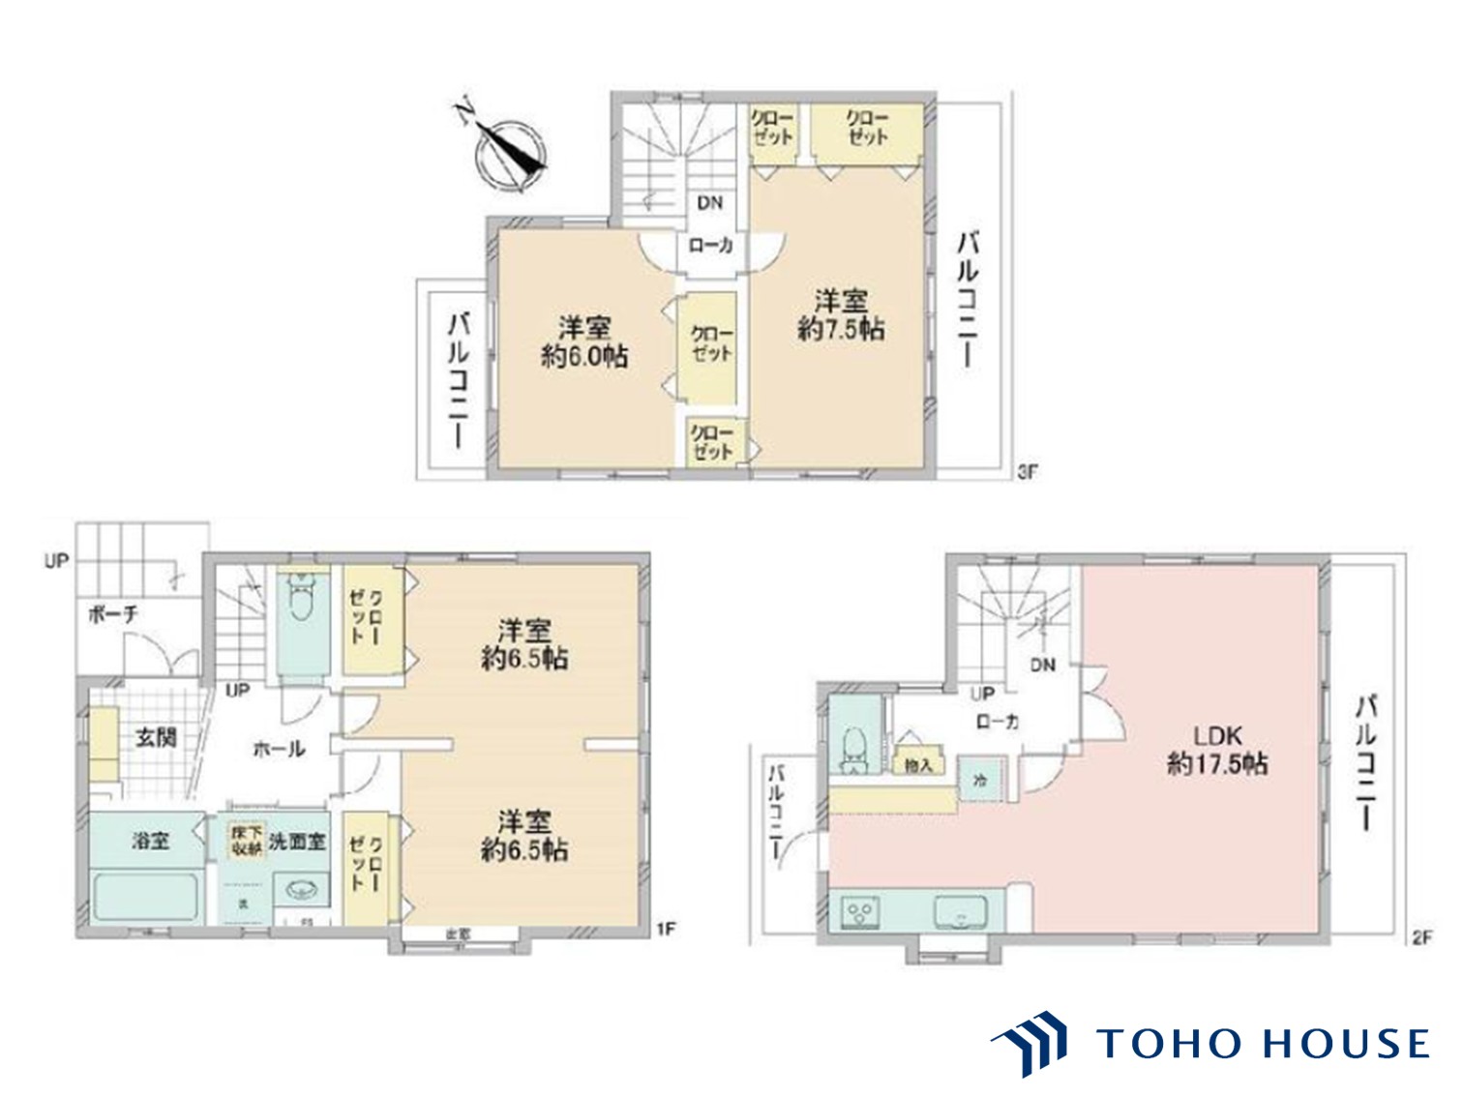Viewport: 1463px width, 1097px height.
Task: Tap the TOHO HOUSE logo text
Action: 1262,1044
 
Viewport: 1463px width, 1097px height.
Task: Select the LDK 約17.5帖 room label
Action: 1217,751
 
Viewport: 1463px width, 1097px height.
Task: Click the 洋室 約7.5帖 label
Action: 840,314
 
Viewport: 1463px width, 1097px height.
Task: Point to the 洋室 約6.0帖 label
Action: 583,341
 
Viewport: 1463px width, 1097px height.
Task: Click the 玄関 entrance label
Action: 155,737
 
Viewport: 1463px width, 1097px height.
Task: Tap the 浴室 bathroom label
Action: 151,842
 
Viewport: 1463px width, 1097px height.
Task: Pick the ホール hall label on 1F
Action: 279,748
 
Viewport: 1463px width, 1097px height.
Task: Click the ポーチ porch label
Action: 113,614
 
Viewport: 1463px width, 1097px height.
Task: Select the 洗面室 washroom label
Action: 297,842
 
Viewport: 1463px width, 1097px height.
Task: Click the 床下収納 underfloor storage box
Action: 246,841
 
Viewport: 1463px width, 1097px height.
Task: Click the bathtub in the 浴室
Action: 146,897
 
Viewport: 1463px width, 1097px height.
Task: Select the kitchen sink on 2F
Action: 960,911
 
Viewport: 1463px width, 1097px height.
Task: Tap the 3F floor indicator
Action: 1027,472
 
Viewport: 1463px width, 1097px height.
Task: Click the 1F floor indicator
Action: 666,929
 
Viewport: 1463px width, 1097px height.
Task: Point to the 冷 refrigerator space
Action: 980,779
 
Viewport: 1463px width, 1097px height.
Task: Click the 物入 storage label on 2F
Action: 918,765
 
